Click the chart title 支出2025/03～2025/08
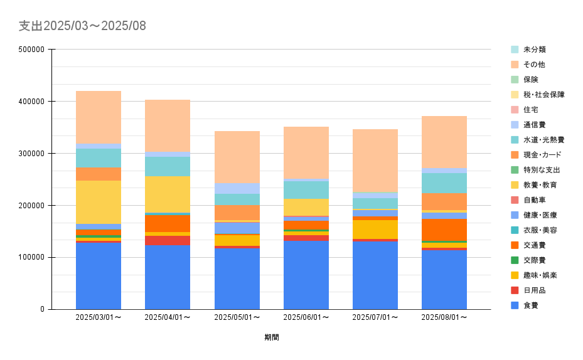pos(82,26)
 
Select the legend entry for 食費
pos(530,305)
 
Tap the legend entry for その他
pos(533,65)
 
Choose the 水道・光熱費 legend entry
pos(543,140)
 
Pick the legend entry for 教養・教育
pos(540,185)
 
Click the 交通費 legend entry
pos(533,245)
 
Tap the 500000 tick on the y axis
pos(31,50)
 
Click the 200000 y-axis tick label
pos(31,206)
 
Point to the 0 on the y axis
pos(41,309)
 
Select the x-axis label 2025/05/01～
pos(237,317)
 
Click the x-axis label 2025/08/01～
pos(444,317)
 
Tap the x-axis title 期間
pos(272,337)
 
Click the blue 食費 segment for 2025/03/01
pos(99,276)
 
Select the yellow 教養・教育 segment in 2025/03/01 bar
pos(99,202)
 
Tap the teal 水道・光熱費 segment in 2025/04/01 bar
pos(168,166)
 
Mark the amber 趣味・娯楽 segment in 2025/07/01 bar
pos(375,230)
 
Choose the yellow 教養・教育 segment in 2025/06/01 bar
pos(306,208)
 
